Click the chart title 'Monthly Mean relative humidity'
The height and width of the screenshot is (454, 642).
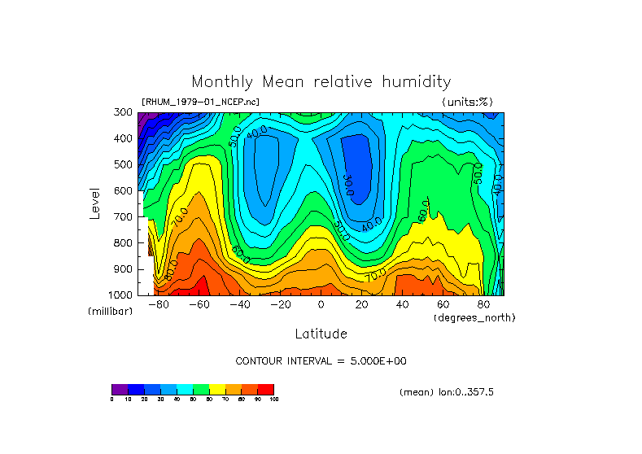[321, 82]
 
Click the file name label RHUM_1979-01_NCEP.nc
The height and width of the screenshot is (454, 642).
[201, 102]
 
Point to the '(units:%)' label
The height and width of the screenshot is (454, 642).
[467, 102]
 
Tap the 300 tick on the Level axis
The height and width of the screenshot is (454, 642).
[123, 112]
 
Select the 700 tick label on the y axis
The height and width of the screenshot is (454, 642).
[123, 217]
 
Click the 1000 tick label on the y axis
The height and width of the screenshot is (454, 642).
[120, 295]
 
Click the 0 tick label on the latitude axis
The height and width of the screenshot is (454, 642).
[321, 304]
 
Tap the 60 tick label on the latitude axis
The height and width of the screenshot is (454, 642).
[443, 304]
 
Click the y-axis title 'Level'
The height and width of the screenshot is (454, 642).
[96, 203]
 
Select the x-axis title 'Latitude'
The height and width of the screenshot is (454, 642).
[321, 334]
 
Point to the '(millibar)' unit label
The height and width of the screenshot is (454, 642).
[110, 312]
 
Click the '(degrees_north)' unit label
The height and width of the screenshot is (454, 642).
[474, 316]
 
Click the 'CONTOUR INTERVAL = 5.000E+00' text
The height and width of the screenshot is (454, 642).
[321, 360]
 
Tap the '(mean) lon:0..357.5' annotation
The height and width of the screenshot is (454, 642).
[447, 391]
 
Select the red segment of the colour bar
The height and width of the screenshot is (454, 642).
[266, 389]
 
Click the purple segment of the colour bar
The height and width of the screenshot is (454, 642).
[120, 389]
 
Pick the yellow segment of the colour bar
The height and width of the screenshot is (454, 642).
[217, 389]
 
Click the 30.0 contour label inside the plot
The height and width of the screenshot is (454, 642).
[347, 186]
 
